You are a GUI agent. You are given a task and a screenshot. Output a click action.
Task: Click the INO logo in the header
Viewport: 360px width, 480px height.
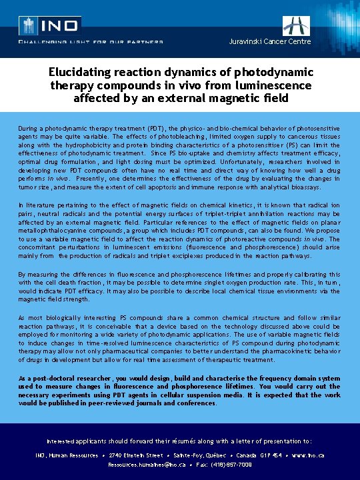coord(50,25)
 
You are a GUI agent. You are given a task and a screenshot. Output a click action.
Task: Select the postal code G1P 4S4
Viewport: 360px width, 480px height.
coord(271,455)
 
